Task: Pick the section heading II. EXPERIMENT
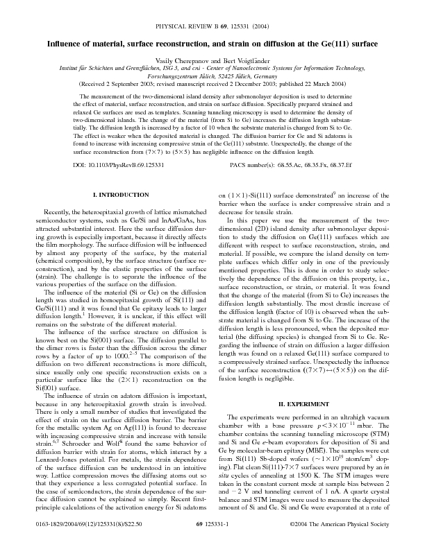tap(306, 383)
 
